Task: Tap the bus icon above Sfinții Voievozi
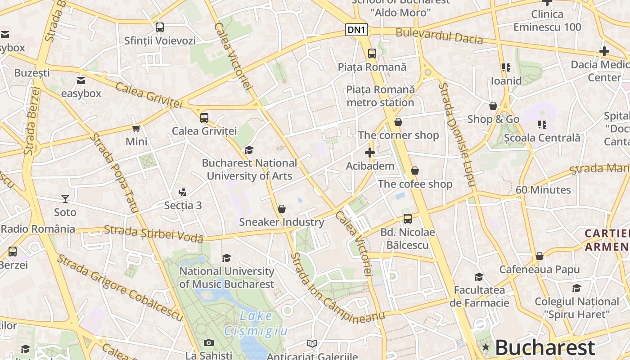pos(160,27)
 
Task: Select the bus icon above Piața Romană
pos(372,53)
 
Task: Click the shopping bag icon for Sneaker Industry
pos(282,209)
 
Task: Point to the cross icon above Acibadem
pos(370,153)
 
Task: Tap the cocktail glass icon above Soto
pos(65,198)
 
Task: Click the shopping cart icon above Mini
pos(136,129)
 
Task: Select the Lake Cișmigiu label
pos(256,324)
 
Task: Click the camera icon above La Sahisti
pos(208,342)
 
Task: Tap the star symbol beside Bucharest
pos(486,347)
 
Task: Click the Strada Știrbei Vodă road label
pos(153,234)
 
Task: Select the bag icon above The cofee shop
pos(415,171)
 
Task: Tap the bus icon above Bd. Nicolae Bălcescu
pos(408,219)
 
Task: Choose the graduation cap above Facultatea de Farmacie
pos(479,277)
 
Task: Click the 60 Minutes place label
pos(543,190)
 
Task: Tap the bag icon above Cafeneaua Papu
pos(540,256)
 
